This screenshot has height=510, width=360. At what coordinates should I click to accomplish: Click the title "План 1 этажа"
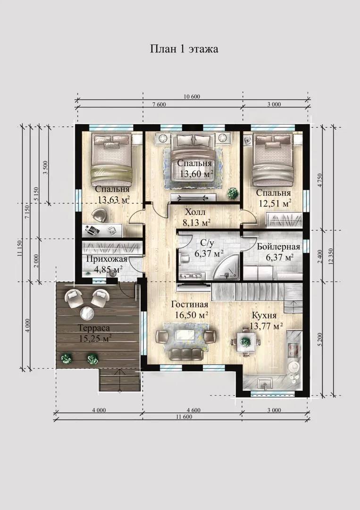184,49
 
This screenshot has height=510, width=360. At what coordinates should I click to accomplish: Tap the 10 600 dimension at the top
192,97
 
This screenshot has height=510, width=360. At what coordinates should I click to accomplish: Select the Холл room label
195,212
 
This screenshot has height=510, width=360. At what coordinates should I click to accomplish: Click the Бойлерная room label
278,247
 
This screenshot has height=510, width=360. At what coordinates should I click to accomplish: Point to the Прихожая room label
107,259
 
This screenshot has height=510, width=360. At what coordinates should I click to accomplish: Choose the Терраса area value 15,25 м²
95,338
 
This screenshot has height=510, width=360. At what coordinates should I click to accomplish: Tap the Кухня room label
264,315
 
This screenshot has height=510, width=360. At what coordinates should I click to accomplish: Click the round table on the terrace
87,313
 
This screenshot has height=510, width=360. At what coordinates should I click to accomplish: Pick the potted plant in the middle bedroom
233,194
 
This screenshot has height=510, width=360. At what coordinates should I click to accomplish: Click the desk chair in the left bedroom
98,215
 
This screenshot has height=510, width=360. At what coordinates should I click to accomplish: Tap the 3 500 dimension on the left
45,168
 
